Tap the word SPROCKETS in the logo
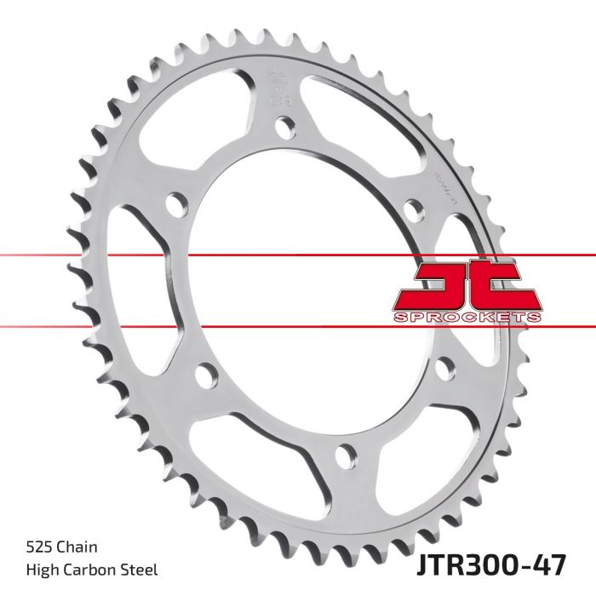(x=467, y=318)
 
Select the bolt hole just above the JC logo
(x=413, y=209)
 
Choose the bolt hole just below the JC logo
(x=443, y=368)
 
